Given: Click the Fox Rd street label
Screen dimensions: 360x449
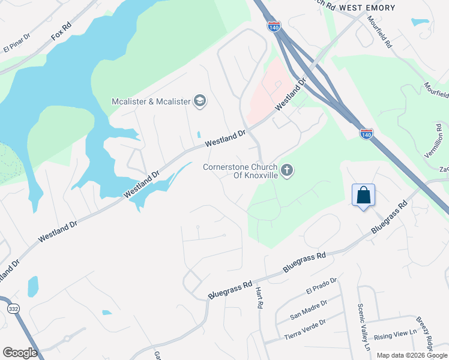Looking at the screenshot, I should (x=61, y=32).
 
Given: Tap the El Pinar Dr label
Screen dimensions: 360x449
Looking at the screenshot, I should (x=17, y=47).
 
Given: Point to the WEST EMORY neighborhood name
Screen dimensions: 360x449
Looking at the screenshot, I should (x=367, y=7).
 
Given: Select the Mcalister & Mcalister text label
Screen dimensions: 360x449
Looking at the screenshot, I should (x=151, y=101).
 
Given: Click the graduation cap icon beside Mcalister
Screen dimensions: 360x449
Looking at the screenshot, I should (x=200, y=101).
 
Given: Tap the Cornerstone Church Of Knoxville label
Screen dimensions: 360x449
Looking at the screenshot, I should (x=240, y=171).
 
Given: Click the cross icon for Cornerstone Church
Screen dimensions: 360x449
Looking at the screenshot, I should (x=287, y=170).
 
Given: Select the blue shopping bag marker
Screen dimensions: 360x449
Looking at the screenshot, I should (x=363, y=196).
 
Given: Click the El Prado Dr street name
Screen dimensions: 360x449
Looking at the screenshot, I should (x=322, y=285).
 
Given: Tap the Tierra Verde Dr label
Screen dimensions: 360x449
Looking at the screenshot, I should (x=305, y=326).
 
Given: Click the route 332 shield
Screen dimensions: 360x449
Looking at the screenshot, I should (x=13, y=308).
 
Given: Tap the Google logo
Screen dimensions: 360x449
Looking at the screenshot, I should (x=20, y=352).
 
